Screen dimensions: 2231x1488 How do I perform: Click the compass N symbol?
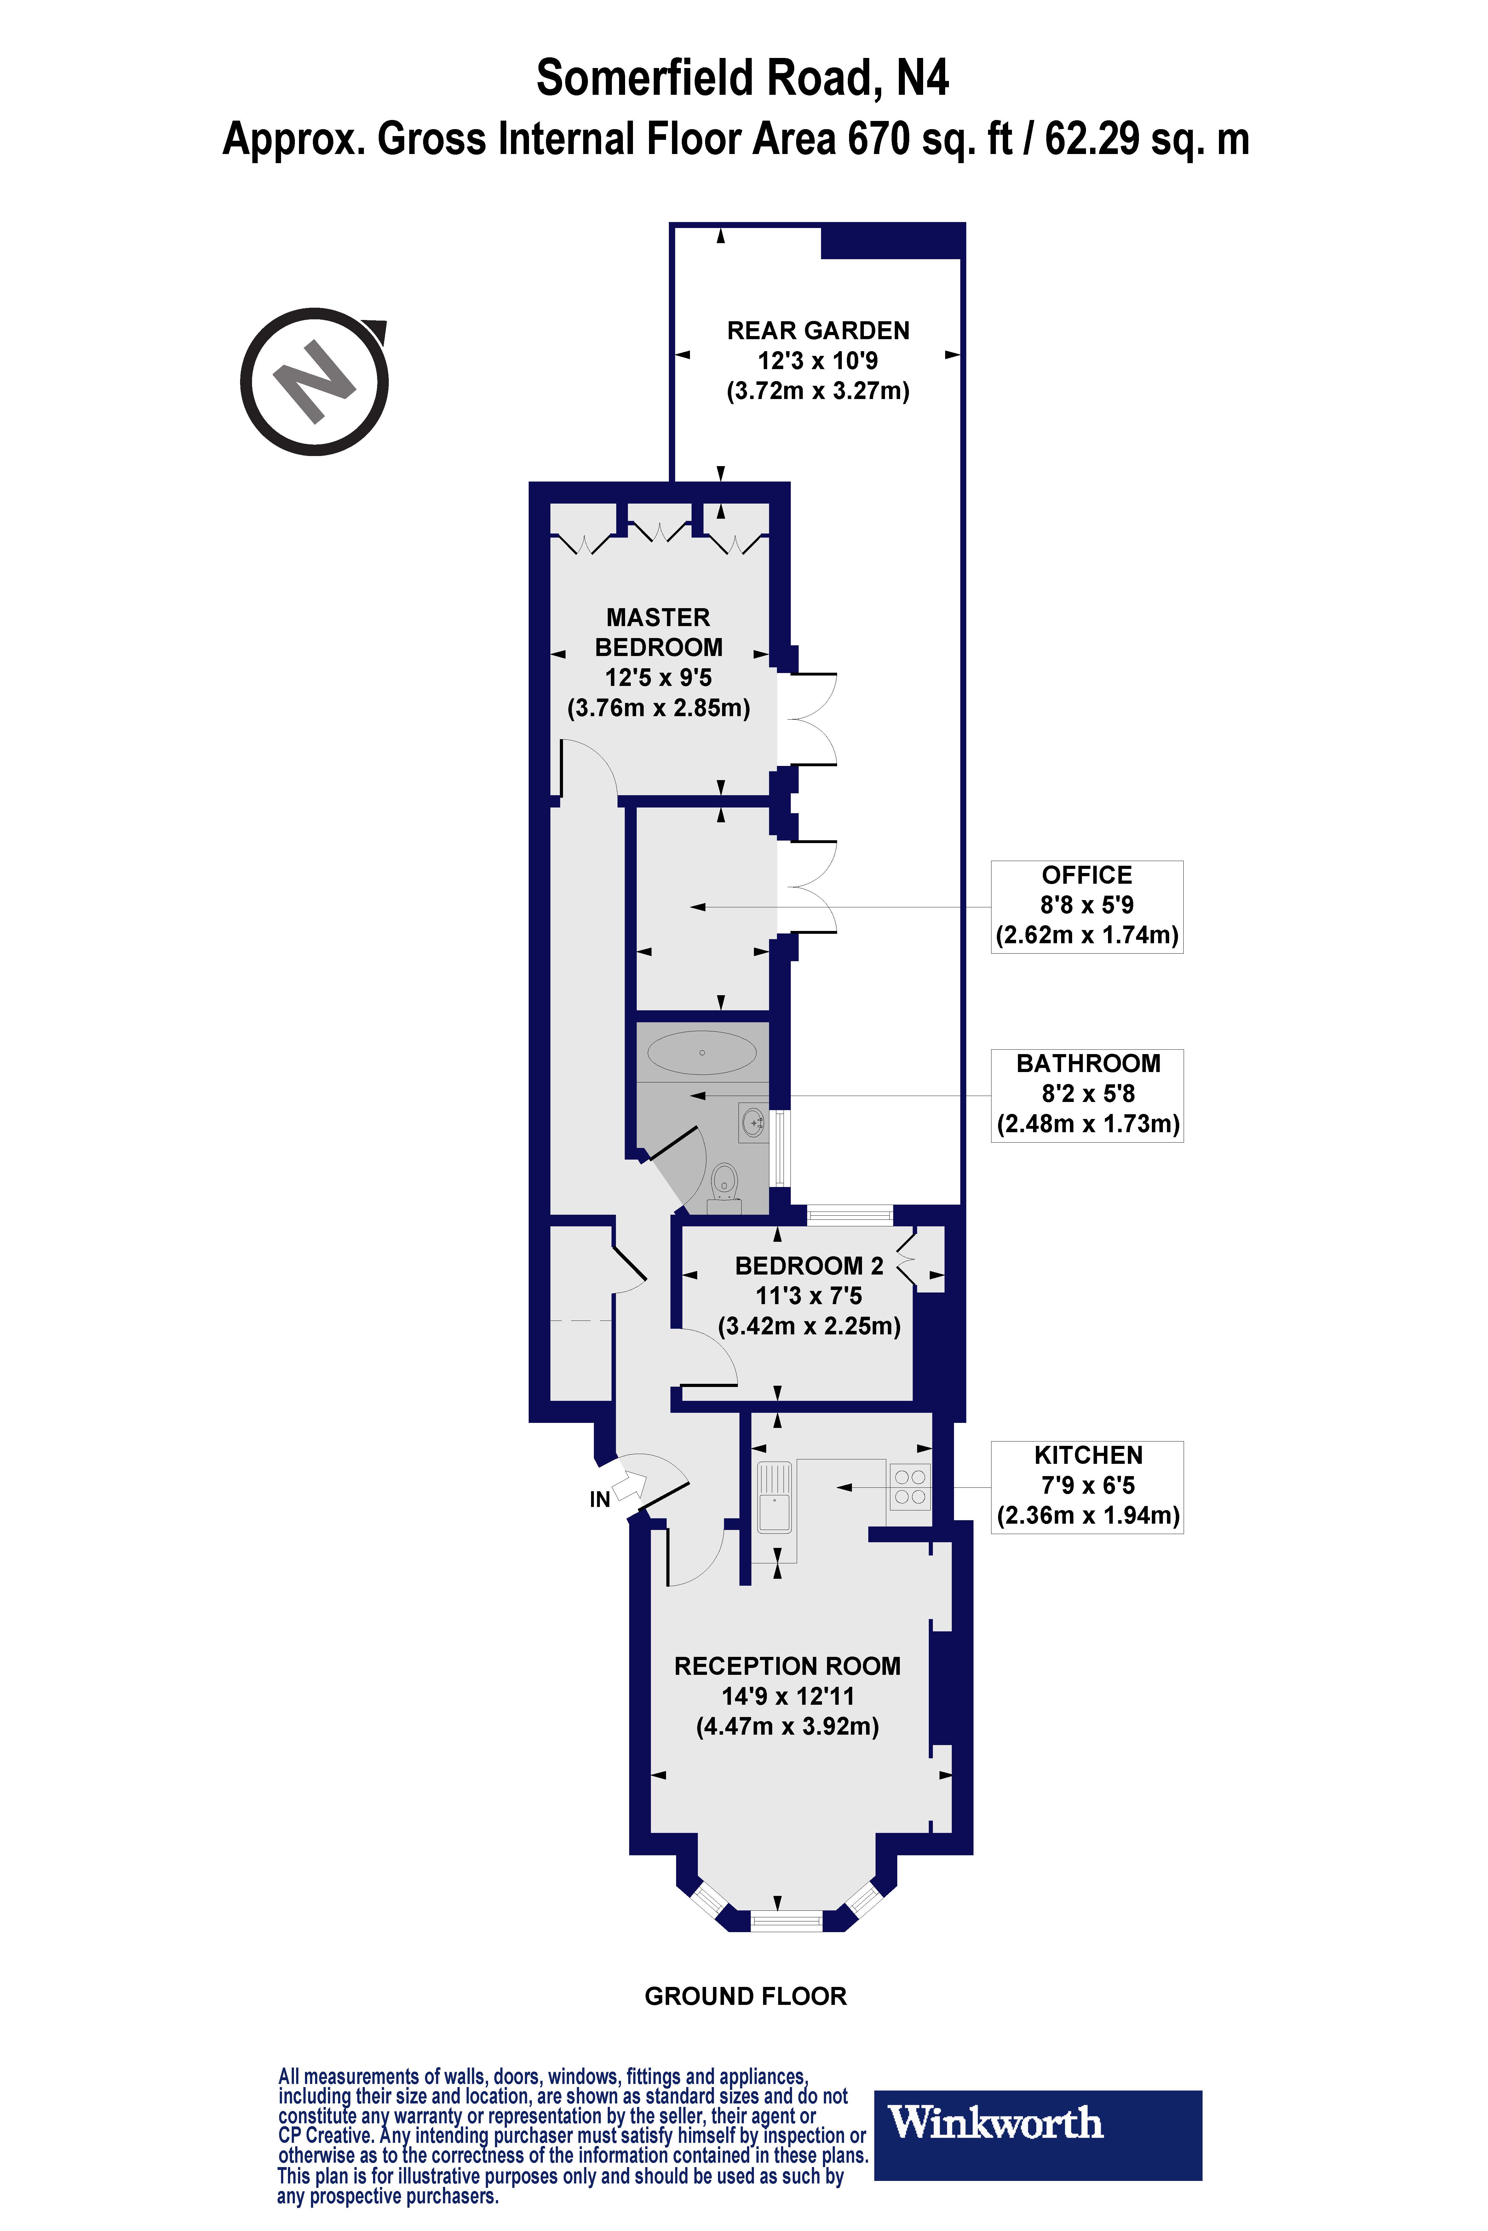click(x=314, y=381)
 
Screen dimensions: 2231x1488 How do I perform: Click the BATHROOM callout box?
click(x=1088, y=1095)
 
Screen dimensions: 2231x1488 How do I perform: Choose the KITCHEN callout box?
click(x=1088, y=1486)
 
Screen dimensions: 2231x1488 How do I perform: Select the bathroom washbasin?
click(x=754, y=1122)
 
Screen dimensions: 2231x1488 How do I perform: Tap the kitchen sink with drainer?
click(x=774, y=1496)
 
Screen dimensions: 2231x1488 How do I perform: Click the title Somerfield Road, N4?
click(x=743, y=78)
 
